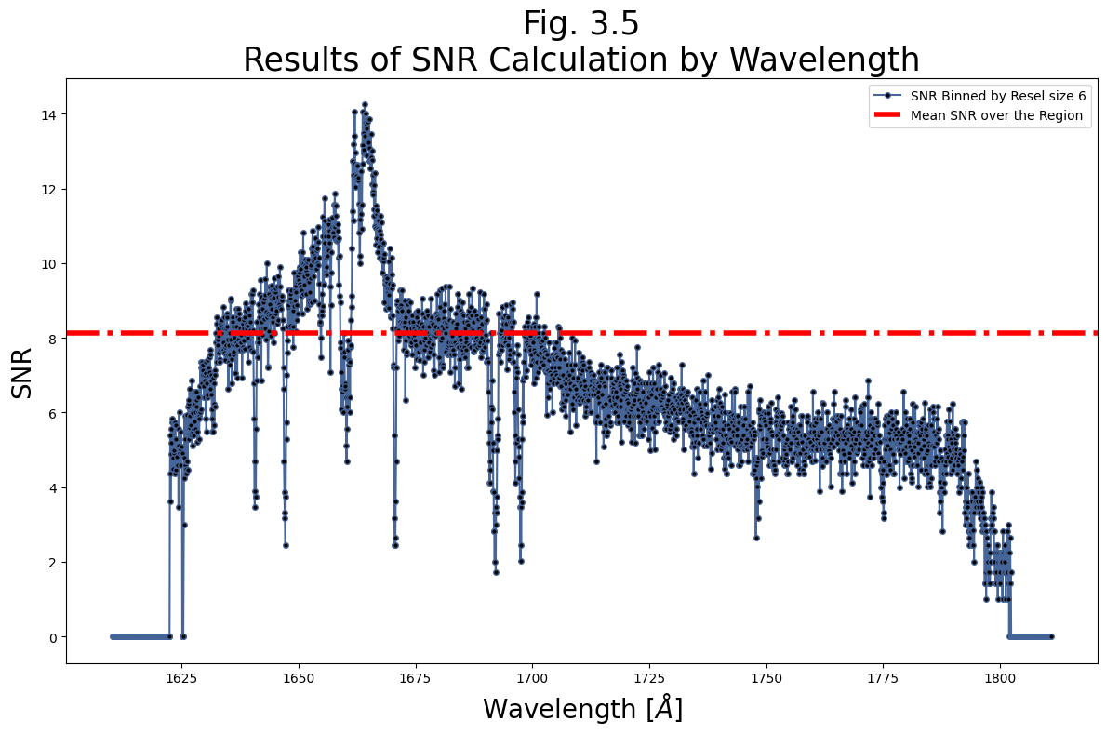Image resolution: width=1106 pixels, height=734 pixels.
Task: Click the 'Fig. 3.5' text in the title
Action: pos(580,24)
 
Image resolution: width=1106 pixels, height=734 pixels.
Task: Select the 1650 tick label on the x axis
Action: pos(299,679)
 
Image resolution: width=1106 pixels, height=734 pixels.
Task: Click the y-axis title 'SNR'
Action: pos(22,372)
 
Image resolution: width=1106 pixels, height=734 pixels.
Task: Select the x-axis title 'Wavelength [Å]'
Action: pos(582,709)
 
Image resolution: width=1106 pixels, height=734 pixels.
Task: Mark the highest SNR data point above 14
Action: pos(365,105)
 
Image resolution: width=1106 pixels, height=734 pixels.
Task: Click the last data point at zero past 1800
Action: pos(1051,636)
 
